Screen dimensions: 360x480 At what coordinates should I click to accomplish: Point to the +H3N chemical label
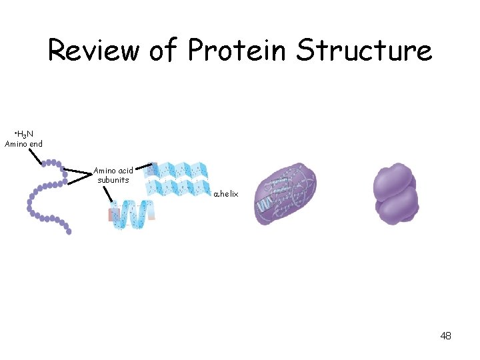(24, 134)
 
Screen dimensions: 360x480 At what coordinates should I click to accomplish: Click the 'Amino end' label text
(24, 144)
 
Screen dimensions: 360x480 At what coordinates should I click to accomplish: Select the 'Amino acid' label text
(113, 171)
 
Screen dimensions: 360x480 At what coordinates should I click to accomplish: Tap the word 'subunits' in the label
(113, 180)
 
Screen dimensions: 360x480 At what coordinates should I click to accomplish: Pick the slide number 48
(445, 336)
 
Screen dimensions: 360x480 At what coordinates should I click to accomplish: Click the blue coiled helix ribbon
(133, 215)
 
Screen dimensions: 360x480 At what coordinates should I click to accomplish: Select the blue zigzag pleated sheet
(179, 179)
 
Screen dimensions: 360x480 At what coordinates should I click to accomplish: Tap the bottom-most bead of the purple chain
(69, 231)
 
